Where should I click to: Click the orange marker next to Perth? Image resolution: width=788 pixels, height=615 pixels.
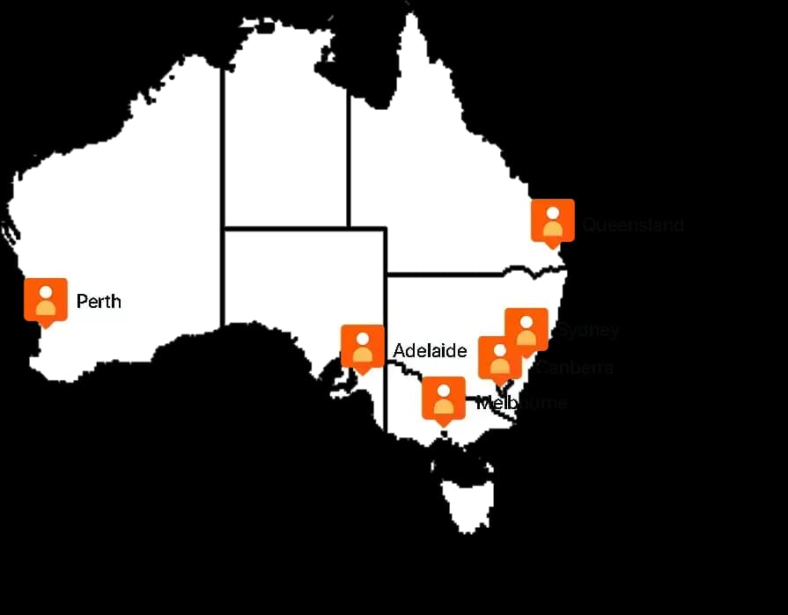46,300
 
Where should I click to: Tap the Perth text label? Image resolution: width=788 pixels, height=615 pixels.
99,302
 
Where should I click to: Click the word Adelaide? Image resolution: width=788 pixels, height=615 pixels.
430,351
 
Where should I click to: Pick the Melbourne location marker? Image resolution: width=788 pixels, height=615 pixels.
443,399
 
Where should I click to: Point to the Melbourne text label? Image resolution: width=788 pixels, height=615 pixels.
521,403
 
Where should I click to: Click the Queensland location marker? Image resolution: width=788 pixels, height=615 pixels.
553,222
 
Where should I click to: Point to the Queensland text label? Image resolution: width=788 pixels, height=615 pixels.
633,225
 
